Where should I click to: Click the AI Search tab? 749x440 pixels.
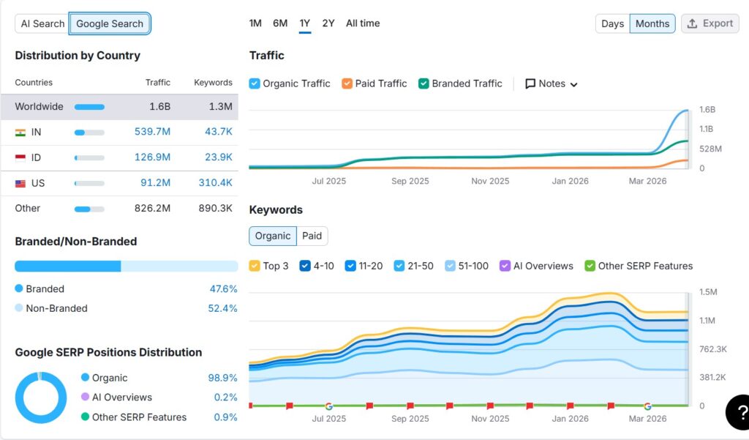point(42,23)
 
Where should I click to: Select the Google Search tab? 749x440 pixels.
point(110,23)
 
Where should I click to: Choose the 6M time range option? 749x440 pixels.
point(280,23)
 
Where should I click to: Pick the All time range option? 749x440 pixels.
point(363,23)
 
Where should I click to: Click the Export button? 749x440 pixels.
point(710,23)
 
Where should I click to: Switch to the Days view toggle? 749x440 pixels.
point(612,23)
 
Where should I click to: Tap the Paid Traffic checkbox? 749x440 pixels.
point(347,83)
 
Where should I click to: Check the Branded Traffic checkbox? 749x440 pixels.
point(424,83)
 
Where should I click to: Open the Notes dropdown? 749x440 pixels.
point(552,83)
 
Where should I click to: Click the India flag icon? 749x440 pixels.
point(20,133)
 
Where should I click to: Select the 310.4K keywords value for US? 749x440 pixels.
point(215,183)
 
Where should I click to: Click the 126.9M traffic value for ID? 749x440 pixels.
point(152,157)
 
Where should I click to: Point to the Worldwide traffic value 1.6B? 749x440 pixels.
point(159,107)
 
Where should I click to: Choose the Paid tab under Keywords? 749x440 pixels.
point(312,236)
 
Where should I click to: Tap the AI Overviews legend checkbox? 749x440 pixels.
point(505,266)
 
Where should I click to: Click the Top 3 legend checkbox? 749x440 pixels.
point(255,266)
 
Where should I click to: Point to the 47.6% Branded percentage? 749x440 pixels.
point(223,289)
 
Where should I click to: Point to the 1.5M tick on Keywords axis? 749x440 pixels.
point(707,292)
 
